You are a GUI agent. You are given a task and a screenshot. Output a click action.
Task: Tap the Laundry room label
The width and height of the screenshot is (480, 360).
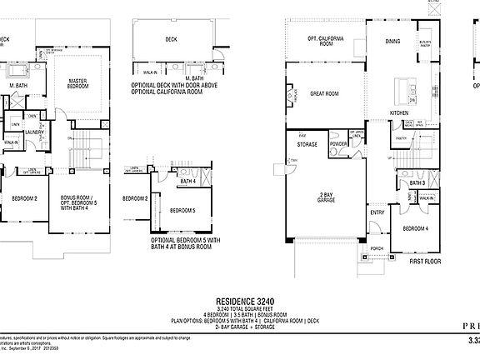[34, 132]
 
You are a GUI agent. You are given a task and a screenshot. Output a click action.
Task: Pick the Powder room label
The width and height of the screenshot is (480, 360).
[338, 143]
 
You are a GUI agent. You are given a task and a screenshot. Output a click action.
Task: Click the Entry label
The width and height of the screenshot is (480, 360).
[377, 212]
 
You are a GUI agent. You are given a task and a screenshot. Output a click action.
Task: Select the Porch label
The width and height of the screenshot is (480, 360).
[377, 247]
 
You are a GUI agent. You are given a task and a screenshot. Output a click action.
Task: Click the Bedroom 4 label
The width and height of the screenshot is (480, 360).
[416, 228]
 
